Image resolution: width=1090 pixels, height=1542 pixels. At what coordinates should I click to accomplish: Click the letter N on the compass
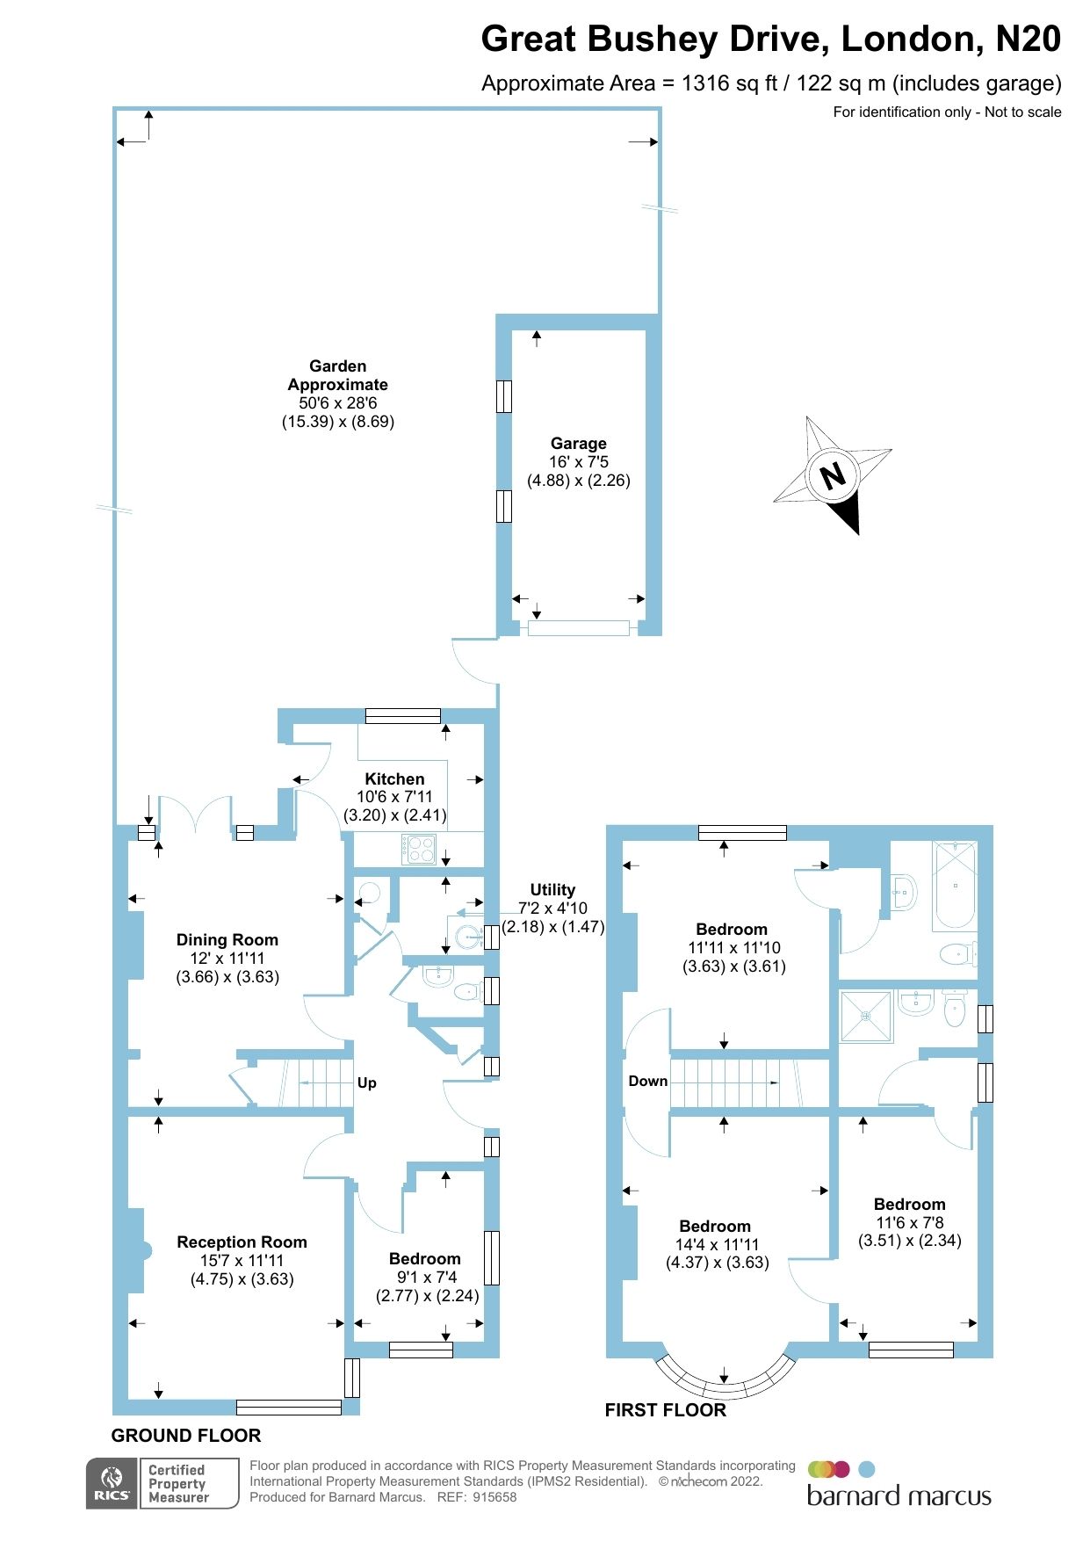(x=833, y=475)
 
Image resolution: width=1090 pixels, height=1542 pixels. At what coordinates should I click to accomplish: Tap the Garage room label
(x=578, y=444)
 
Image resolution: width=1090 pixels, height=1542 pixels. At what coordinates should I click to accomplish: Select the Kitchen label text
(x=394, y=779)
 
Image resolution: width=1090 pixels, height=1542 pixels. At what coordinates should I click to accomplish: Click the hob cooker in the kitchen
(x=420, y=849)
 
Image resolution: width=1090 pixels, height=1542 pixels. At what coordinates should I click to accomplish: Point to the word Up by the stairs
(x=367, y=1083)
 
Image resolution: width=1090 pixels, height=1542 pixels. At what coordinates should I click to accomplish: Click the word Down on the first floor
(x=648, y=1082)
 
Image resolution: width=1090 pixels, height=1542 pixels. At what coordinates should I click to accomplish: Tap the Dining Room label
(x=227, y=940)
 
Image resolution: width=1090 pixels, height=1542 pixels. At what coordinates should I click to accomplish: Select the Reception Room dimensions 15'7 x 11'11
(x=242, y=1261)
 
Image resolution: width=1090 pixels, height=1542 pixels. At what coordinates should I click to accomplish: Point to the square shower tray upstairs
(x=866, y=1017)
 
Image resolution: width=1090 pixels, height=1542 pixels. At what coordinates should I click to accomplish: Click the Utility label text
(x=552, y=890)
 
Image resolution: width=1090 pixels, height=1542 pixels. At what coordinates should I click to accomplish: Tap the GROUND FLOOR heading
(x=186, y=1436)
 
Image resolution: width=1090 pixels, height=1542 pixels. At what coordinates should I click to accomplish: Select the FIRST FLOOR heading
(x=665, y=1410)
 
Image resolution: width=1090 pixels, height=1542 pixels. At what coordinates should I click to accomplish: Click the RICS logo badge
(x=112, y=1484)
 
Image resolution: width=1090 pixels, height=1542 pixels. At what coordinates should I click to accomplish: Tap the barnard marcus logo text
(x=899, y=1496)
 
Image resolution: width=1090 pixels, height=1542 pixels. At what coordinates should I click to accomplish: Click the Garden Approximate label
(x=337, y=375)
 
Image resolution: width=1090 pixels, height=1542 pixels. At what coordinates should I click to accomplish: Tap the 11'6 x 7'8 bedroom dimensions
(x=909, y=1223)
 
